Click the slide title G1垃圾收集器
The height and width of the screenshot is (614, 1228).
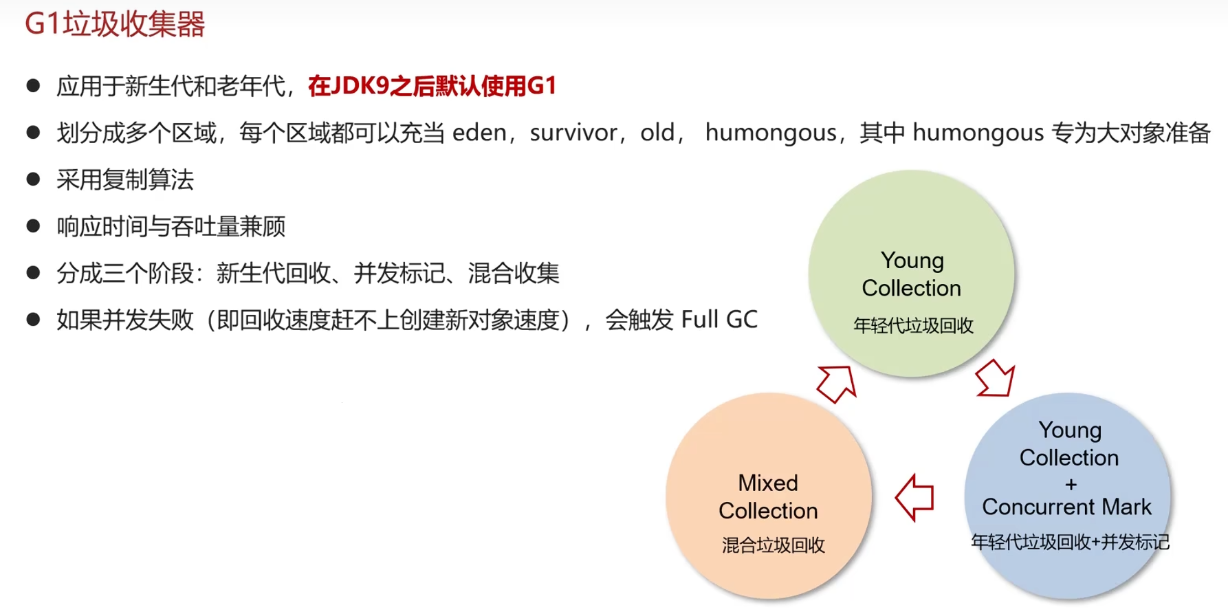(x=115, y=24)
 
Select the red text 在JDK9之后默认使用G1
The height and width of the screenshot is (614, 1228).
(x=432, y=86)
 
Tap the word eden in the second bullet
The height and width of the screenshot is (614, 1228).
(x=479, y=132)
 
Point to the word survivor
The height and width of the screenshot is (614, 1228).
(x=573, y=132)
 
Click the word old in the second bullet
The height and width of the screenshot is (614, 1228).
(x=657, y=132)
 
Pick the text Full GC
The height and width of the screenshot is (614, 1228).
(x=719, y=320)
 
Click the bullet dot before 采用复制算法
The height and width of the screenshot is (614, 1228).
(x=33, y=179)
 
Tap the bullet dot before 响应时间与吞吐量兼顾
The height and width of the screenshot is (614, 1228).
(x=33, y=226)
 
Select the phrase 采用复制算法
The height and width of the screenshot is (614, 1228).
(x=125, y=180)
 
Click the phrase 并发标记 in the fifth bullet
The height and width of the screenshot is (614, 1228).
(x=399, y=274)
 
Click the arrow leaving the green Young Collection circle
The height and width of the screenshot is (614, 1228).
(x=994, y=378)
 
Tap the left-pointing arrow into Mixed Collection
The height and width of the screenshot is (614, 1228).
(x=914, y=497)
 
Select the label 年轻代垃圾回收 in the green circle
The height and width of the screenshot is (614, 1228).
(x=913, y=325)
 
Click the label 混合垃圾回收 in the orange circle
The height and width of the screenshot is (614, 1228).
(x=773, y=545)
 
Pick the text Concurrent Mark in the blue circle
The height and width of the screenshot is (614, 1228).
(x=1066, y=507)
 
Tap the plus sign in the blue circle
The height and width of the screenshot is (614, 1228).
(x=1071, y=485)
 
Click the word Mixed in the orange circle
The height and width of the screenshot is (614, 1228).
(x=768, y=483)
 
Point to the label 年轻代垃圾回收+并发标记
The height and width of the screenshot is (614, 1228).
(x=1070, y=542)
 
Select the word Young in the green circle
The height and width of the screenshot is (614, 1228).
(x=912, y=261)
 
